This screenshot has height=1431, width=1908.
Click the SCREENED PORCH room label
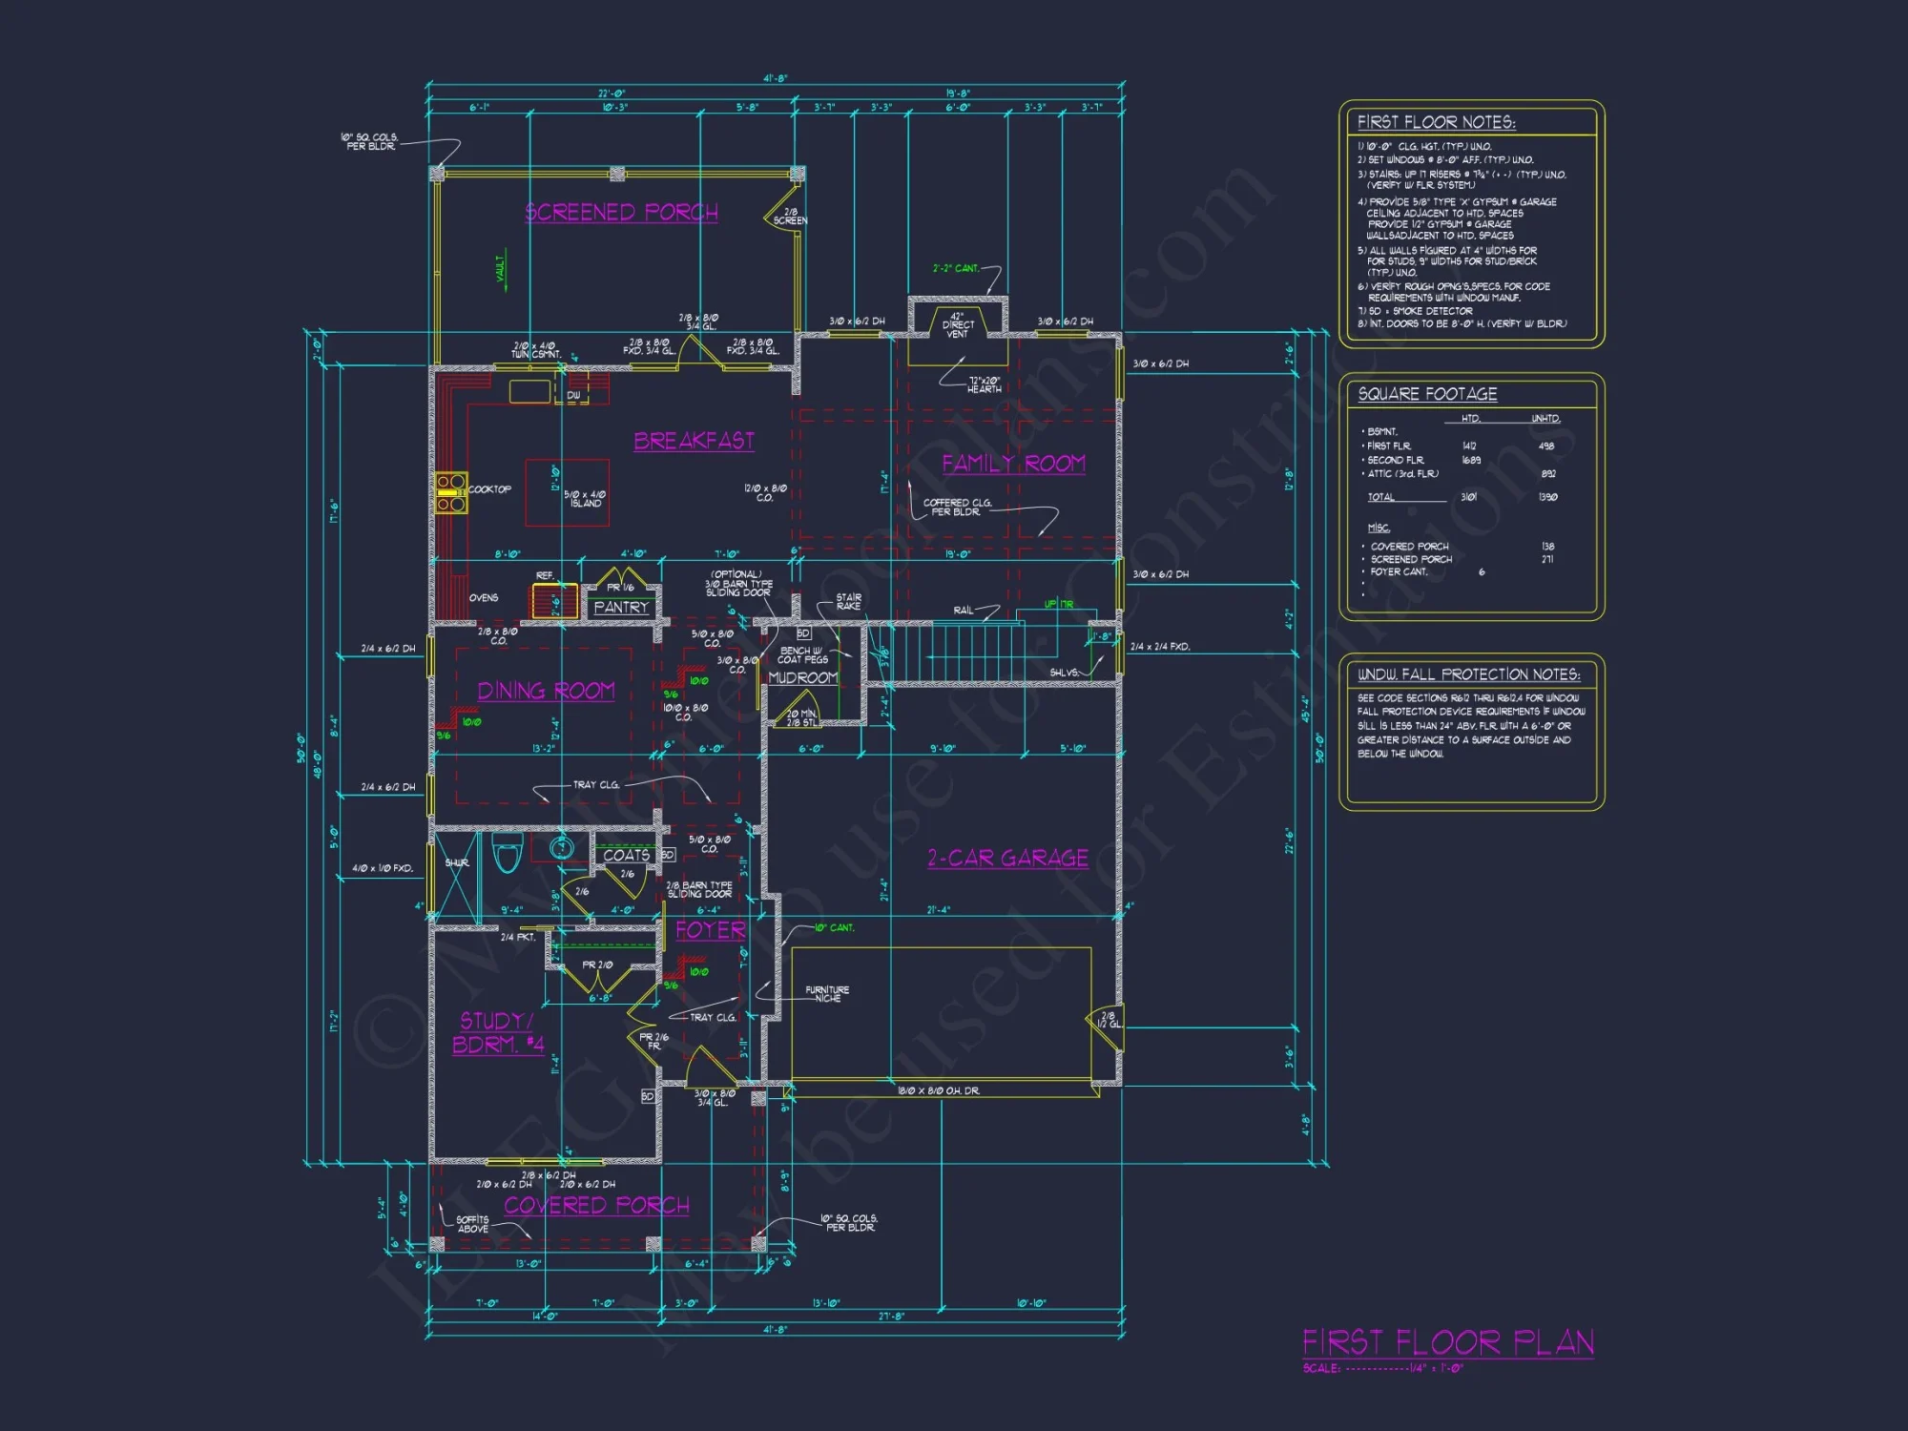tap(621, 212)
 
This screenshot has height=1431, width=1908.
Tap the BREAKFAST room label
tap(694, 441)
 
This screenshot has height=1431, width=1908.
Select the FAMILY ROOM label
tap(1013, 464)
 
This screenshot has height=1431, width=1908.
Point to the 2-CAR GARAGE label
tap(1007, 858)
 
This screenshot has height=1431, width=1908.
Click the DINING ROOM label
tap(546, 691)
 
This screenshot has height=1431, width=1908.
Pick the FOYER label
tap(710, 930)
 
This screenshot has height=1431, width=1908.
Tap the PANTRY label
tap(621, 608)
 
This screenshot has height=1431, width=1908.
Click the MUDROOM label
tap(802, 678)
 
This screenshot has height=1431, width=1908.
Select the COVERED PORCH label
tap(596, 1206)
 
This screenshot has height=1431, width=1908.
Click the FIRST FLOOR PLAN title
tap(1447, 1343)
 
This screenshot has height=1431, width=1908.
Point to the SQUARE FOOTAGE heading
tap(1427, 394)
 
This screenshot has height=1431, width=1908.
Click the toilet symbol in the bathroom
tap(507, 852)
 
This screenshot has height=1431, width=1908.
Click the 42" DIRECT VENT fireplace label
tap(957, 324)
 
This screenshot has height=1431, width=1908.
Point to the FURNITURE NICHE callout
tap(826, 994)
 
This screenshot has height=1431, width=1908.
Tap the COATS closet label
tap(626, 856)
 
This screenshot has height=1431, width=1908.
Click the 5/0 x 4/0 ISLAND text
tap(584, 499)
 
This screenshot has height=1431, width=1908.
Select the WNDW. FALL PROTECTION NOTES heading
tap(1468, 674)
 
